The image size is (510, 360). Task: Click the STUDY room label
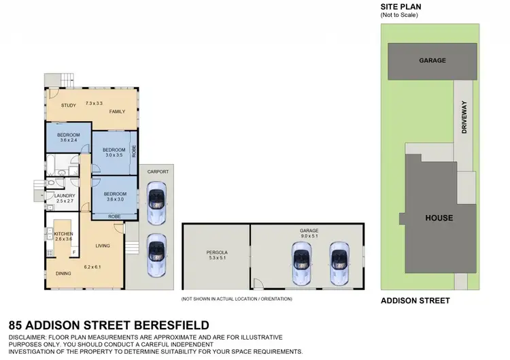tap(68, 105)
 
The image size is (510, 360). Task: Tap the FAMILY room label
tap(117, 112)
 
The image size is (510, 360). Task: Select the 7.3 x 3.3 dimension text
tap(94, 103)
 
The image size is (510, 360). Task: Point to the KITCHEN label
tap(63, 234)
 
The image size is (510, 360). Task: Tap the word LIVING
tap(103, 246)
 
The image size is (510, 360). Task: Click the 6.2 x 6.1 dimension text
tap(92, 267)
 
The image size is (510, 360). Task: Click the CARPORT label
tap(157, 172)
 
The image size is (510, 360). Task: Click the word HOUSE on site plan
tap(439, 218)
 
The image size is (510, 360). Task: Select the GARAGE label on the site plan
tap(432, 60)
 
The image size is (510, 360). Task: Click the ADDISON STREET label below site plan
tap(415, 300)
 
